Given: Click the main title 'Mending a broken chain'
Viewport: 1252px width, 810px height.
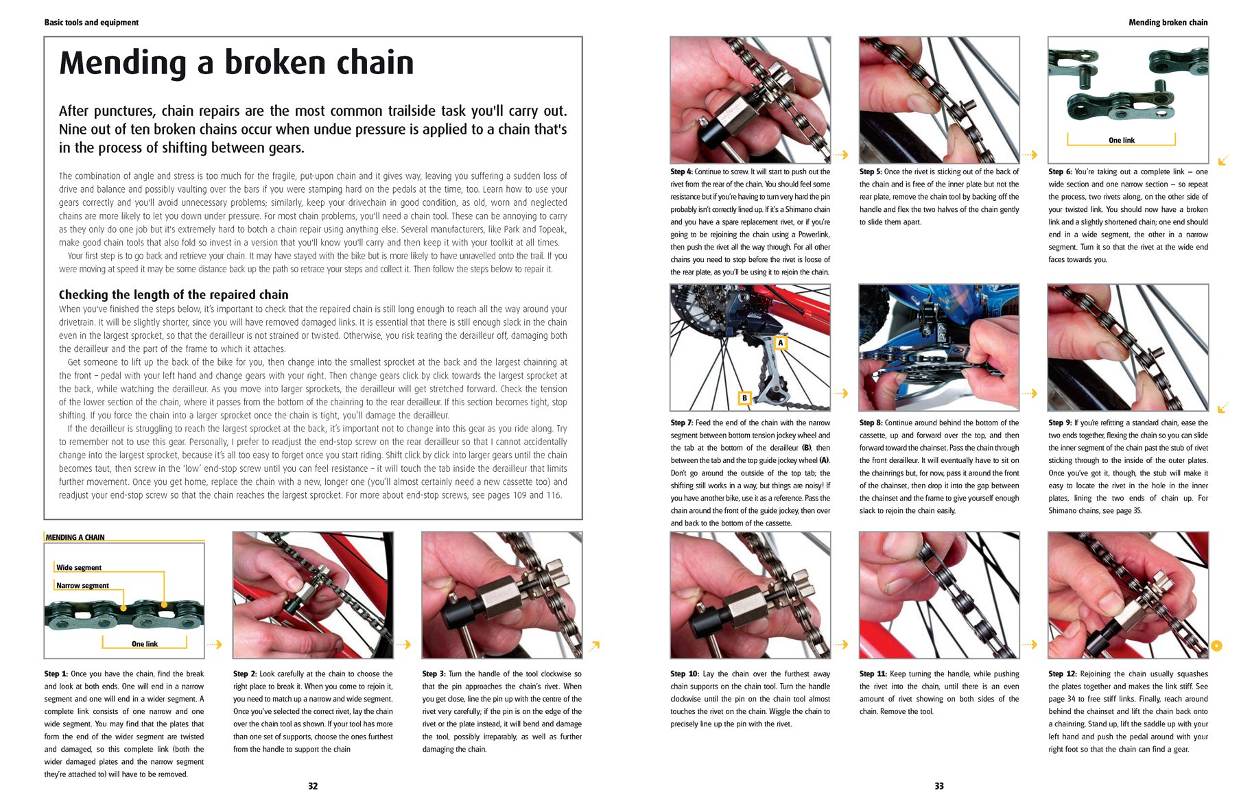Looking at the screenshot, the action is point(237,62).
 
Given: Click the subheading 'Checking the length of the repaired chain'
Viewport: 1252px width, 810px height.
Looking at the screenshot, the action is point(174,294).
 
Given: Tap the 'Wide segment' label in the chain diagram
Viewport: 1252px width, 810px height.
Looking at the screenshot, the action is point(79,568).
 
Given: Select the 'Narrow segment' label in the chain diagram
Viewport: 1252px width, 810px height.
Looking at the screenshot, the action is point(82,586).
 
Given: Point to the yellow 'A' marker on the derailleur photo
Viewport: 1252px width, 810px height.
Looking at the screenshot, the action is point(780,342).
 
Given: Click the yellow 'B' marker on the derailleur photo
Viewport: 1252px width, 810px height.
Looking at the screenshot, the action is point(744,398).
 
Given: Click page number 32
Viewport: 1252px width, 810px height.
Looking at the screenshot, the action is point(313,786).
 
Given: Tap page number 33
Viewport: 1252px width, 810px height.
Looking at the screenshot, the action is point(939,786).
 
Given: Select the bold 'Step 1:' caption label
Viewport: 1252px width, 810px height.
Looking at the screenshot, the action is point(56,674).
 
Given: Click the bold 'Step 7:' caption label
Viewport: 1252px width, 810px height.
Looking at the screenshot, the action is point(682,423).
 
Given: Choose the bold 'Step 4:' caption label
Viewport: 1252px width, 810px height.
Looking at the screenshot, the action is point(682,172).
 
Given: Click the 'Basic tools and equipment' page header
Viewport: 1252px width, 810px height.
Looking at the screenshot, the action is point(91,23).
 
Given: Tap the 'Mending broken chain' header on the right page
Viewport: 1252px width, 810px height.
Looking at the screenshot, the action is point(1168,23).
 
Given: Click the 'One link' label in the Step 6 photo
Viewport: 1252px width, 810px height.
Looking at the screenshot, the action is point(1122,141).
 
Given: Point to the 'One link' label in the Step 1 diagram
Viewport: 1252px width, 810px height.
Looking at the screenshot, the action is point(145,644).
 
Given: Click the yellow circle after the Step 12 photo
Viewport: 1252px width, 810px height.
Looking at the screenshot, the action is point(1217,645).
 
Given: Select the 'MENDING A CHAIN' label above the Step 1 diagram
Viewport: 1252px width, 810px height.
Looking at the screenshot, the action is point(75,538).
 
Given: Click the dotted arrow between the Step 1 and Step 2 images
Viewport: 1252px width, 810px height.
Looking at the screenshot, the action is point(215,645).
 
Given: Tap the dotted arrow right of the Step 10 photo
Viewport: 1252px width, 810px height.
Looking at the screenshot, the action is point(840,645).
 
